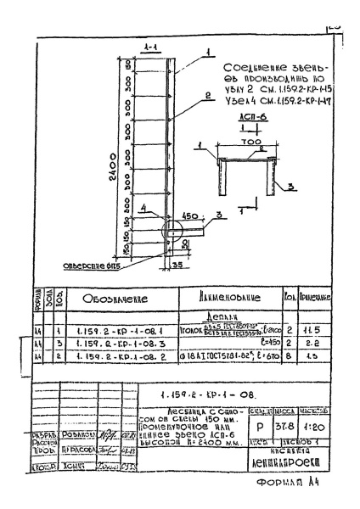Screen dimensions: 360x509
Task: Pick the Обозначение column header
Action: [110, 297]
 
